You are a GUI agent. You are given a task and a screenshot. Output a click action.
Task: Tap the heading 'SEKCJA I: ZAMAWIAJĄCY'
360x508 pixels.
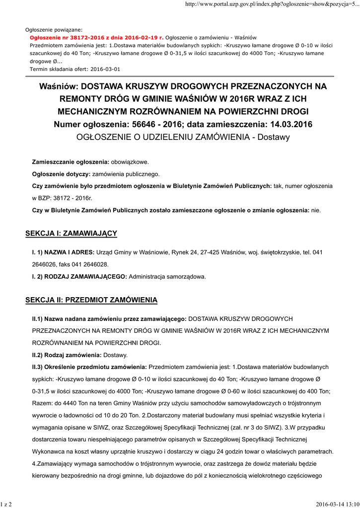[71, 233]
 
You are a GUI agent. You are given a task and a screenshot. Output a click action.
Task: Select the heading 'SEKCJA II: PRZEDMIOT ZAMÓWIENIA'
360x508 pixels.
[91, 300]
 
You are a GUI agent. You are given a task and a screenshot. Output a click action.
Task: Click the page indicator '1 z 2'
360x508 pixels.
[6, 504]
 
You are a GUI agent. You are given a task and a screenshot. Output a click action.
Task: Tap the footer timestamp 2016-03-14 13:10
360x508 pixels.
[337, 504]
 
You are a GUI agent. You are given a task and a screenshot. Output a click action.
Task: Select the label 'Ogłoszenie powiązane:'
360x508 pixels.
[54, 30]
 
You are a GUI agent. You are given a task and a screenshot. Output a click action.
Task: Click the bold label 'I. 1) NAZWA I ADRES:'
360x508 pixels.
[63, 252]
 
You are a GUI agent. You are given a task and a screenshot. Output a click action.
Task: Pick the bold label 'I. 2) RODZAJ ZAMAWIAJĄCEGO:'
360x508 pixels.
[79, 276]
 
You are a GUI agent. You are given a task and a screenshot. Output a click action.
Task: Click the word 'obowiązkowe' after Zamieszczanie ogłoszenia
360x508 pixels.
[129, 162]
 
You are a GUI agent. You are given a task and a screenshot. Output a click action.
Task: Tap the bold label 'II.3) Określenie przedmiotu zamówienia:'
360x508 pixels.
[89, 367]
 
